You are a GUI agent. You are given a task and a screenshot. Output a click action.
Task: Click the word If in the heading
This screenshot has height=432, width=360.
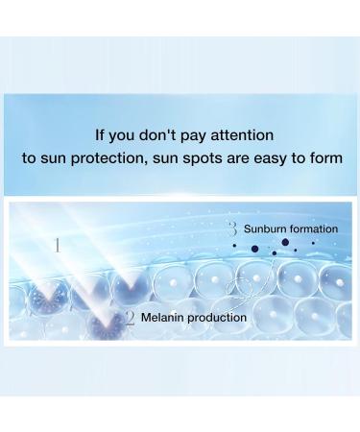click(x=100, y=135)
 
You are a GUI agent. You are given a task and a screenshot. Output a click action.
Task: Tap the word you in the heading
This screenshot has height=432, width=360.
click(x=127, y=135)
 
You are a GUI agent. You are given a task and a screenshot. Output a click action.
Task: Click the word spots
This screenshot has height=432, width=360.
click(x=197, y=158)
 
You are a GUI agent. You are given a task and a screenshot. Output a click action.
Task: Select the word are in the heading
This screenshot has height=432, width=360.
click(x=234, y=158)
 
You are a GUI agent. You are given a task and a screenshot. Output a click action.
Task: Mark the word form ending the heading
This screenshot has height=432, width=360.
click(x=324, y=158)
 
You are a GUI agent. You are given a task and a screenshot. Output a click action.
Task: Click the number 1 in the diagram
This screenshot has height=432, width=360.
click(x=57, y=246)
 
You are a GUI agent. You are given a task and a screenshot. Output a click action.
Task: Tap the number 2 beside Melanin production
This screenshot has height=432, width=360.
click(x=130, y=318)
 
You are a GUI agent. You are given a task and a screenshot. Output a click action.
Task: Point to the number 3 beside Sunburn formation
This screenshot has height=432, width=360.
click(x=232, y=228)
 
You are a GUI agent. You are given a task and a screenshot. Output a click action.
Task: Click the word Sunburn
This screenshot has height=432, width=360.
click(x=264, y=229)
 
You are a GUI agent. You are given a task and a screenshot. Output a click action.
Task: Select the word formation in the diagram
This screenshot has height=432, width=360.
click(x=313, y=229)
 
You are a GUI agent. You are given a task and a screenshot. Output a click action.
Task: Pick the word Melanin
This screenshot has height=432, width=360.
click(x=164, y=318)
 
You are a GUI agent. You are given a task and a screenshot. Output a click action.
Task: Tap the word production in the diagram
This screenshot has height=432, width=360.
click(x=218, y=318)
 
